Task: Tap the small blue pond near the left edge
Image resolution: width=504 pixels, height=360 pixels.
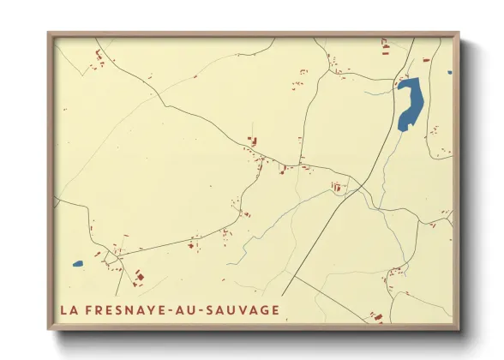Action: click(x=77, y=264)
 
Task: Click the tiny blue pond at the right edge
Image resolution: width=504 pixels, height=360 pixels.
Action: click(x=449, y=72)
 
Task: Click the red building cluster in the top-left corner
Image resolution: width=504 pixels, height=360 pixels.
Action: click(x=99, y=58)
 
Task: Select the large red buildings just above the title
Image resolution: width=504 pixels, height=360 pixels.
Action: click(x=140, y=277)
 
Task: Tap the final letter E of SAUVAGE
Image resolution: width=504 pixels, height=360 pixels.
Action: click(x=275, y=309)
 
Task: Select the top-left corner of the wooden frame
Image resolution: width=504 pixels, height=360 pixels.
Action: click(x=49, y=33)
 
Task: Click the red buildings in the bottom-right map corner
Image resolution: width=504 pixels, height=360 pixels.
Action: click(x=375, y=317)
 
